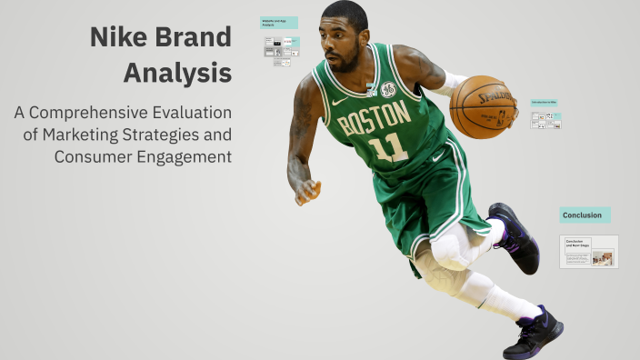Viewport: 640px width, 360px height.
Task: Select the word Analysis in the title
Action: tap(177, 72)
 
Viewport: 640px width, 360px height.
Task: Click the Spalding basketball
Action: tap(483, 106)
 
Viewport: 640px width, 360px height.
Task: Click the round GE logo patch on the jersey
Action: tap(388, 89)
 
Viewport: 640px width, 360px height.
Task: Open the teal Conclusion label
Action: tap(584, 215)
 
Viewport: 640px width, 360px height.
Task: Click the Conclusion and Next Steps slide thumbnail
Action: tap(588, 252)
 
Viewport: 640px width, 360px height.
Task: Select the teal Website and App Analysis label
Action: tap(278, 22)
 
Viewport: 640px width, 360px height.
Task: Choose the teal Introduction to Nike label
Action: tap(545, 103)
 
